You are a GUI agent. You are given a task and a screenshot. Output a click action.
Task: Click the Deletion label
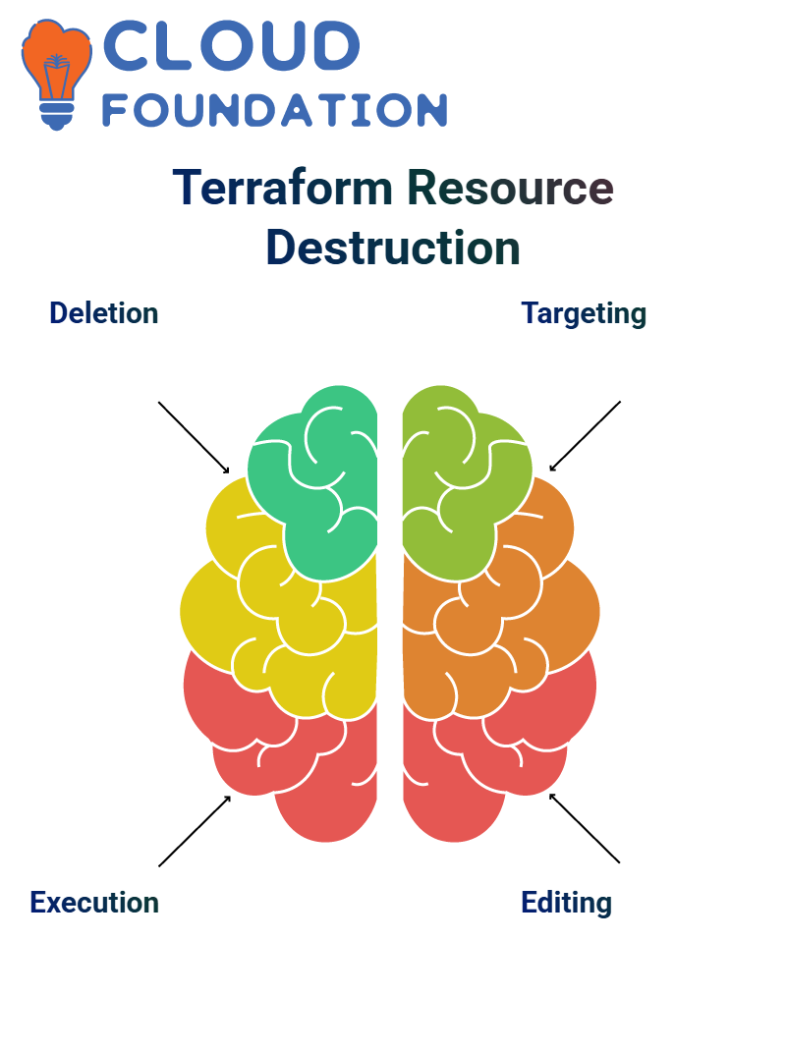104,313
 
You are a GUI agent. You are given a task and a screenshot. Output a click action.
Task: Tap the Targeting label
584,313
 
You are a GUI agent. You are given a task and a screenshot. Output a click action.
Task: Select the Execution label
94,903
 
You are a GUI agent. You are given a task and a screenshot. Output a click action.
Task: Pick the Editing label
567,903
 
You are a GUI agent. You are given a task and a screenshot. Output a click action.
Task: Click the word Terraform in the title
282,188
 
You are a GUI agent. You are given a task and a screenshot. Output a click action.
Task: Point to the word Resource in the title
510,188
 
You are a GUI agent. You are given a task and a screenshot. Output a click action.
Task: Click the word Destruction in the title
393,248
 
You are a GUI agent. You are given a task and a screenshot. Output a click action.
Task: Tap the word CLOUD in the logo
231,45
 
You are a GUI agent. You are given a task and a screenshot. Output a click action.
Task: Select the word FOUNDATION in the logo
274,110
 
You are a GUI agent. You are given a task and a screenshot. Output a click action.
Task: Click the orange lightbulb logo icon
56,74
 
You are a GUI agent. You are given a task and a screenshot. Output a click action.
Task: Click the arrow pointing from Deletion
194,438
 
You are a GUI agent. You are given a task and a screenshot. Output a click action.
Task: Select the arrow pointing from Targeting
585,436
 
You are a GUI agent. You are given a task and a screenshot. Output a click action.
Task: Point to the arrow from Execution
195,831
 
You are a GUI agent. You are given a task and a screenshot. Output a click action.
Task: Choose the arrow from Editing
585,828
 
